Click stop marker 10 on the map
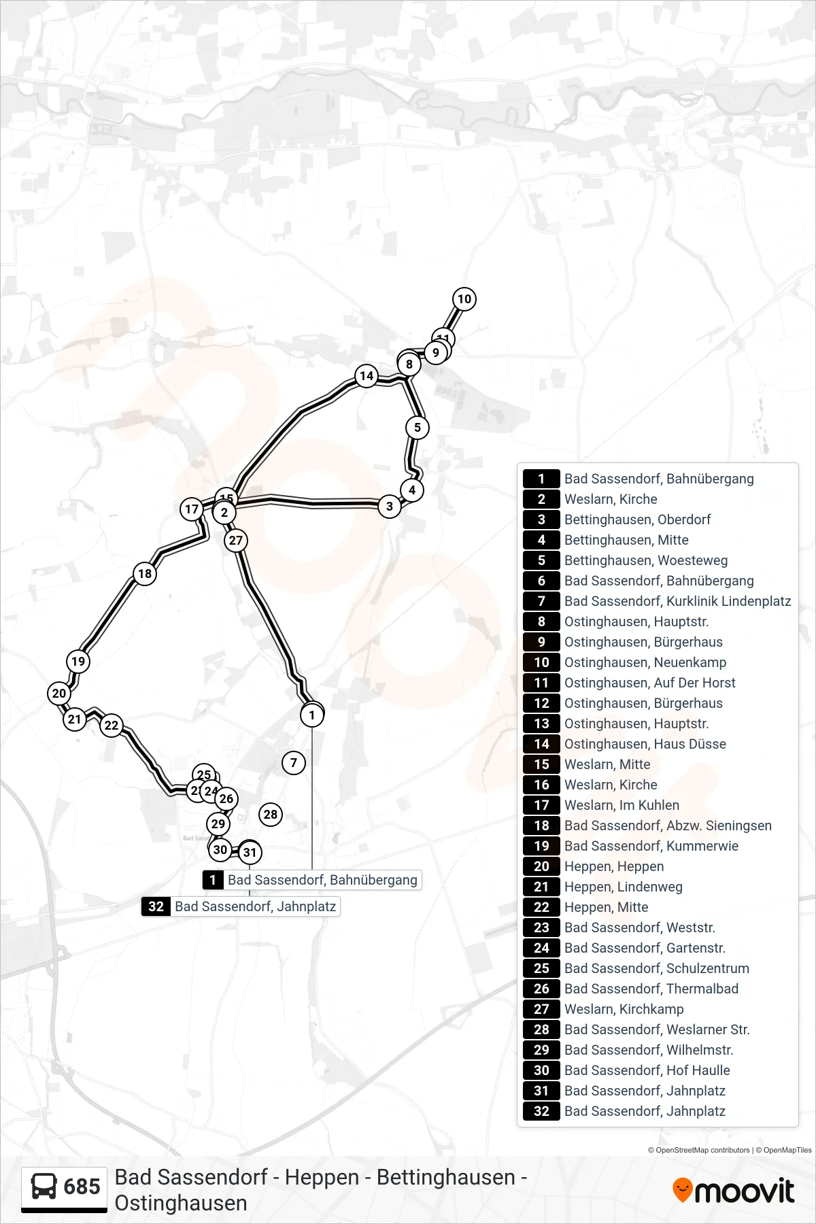pyautogui.click(x=464, y=299)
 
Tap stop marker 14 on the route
pyautogui.click(x=367, y=375)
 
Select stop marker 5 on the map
pyautogui.click(x=418, y=428)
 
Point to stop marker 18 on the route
pyautogui.click(x=145, y=573)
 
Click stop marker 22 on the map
pyautogui.click(x=112, y=725)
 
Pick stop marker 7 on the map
pyautogui.click(x=294, y=762)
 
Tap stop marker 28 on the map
pyautogui.click(x=271, y=814)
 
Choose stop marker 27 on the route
pyautogui.click(x=236, y=540)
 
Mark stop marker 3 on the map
pyautogui.click(x=390, y=506)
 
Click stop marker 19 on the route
pyautogui.click(x=78, y=661)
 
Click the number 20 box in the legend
pyautogui.click(x=541, y=866)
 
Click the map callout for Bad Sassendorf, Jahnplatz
pyautogui.click(x=241, y=906)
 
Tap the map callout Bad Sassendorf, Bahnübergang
pyautogui.click(x=312, y=880)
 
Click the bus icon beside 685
pyautogui.click(x=44, y=1186)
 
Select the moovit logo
pyautogui.click(x=733, y=1191)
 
